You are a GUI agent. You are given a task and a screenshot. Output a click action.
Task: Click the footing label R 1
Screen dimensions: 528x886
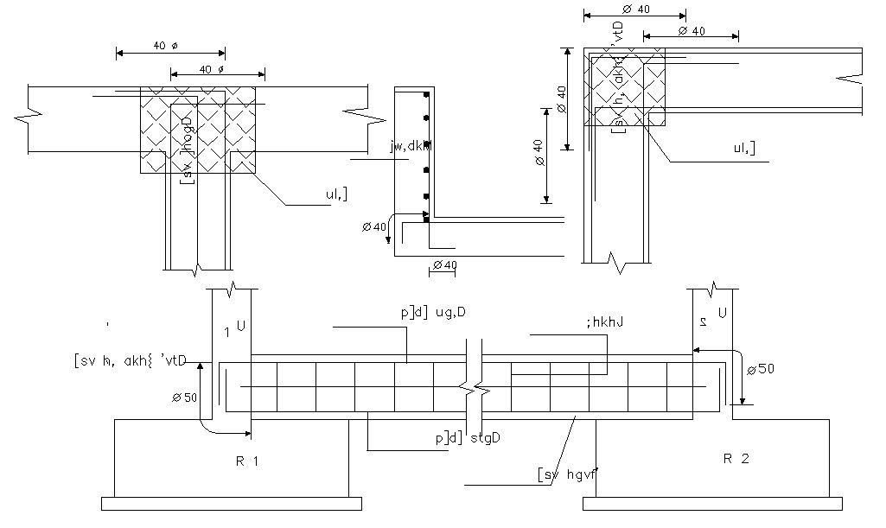point(247,461)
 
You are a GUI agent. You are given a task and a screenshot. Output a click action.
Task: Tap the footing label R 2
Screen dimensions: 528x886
point(736,459)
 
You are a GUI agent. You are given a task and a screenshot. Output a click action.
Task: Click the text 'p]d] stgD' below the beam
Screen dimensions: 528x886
point(468,438)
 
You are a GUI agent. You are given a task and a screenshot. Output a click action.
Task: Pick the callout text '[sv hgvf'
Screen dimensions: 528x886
point(568,473)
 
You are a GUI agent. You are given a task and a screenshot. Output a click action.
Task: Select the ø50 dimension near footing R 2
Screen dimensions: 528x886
point(761,369)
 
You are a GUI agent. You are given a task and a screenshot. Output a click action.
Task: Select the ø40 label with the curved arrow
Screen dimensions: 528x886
point(374,226)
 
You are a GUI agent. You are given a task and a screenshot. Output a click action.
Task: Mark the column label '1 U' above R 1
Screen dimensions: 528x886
point(236,328)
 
